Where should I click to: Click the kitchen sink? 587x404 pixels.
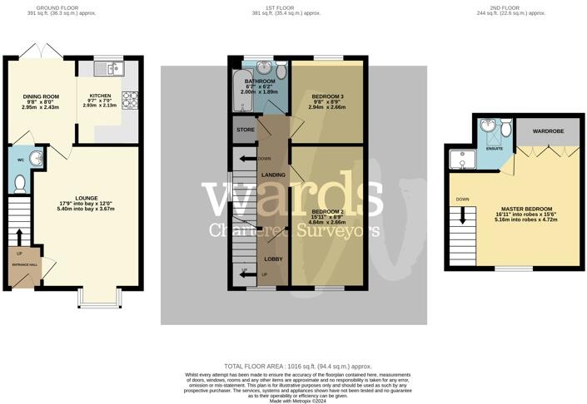tap(108, 67)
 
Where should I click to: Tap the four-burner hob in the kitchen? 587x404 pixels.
tap(131, 100)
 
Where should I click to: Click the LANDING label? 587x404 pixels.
tap(273, 175)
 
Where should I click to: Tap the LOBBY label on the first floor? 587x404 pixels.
tap(273, 259)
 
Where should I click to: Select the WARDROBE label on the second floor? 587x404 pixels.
tap(544, 131)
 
